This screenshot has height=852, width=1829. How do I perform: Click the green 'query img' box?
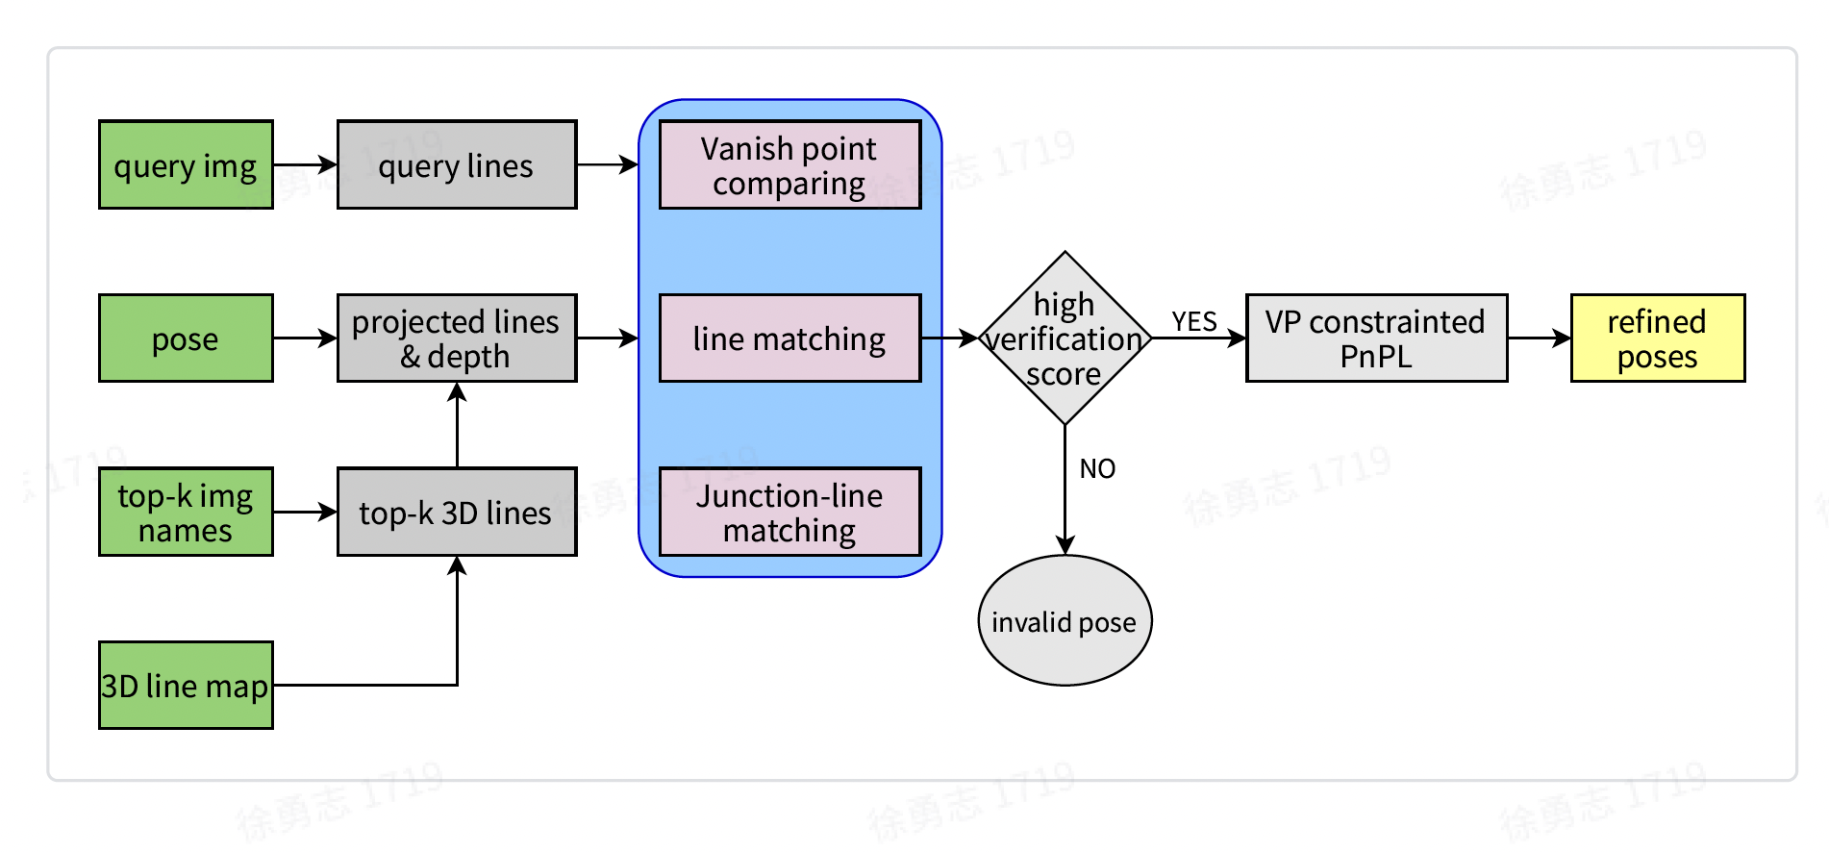point(186,165)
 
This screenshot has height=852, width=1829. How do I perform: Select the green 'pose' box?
point(186,338)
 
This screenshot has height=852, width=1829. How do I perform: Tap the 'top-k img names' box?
point(186,512)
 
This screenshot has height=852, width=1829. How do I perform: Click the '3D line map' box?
point(186,685)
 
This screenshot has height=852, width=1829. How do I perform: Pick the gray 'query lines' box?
point(457,165)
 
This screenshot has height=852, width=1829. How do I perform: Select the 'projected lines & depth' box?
point(457,338)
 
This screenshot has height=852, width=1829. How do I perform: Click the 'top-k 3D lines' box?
point(457,512)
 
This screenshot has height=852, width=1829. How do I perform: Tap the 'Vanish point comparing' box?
point(789,165)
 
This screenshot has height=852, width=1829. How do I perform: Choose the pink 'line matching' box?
point(789,338)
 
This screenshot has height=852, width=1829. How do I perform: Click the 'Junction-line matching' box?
point(789,512)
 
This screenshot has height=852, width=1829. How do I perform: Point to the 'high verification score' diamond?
point(1065,338)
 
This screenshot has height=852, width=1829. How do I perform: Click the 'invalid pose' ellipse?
point(1065,621)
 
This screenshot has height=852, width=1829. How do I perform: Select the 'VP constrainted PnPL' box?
point(1376,338)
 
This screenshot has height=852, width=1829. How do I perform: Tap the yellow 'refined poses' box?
point(1657,338)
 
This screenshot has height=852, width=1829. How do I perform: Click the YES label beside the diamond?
point(1194,322)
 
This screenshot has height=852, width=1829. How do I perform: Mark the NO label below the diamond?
point(1097,469)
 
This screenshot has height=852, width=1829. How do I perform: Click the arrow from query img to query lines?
point(305,165)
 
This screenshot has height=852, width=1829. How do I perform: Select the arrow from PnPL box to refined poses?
point(1539,338)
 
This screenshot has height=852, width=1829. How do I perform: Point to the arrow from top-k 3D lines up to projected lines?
point(458,425)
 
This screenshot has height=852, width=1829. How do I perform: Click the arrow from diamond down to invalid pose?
point(1065,490)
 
